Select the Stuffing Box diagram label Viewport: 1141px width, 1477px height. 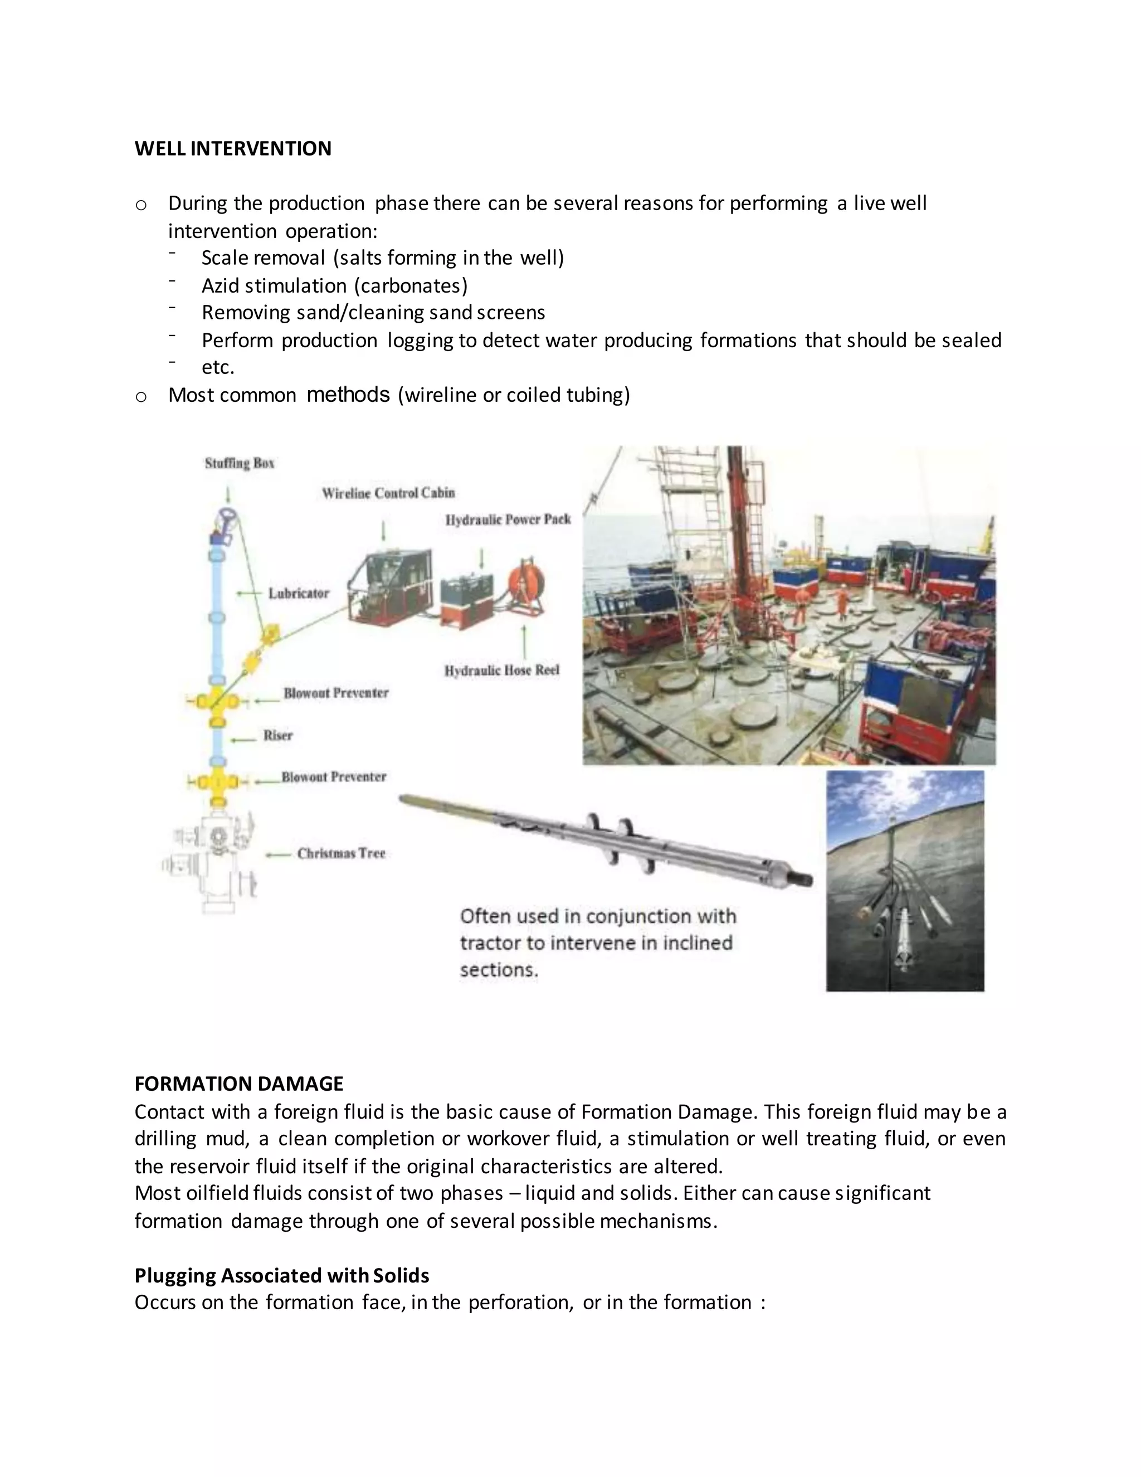pyautogui.click(x=239, y=463)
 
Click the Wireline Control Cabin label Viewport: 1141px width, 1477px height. pyautogui.click(x=388, y=493)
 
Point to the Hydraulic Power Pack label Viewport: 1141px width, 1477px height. pyautogui.click(x=508, y=519)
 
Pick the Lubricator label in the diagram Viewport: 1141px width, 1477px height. pyautogui.click(x=299, y=593)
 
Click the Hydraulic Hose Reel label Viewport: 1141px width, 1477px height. pyautogui.click(x=501, y=670)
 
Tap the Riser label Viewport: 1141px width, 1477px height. pyautogui.click(x=278, y=735)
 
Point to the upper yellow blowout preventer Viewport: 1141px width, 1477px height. pyautogui.click(x=216, y=701)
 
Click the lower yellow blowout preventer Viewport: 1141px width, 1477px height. pyautogui.click(x=216, y=783)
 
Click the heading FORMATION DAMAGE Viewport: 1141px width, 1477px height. pyautogui.click(x=238, y=1084)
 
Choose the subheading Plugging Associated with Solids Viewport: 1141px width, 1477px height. pyautogui.click(x=281, y=1275)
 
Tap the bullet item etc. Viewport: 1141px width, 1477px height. pyautogui.click(x=218, y=367)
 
